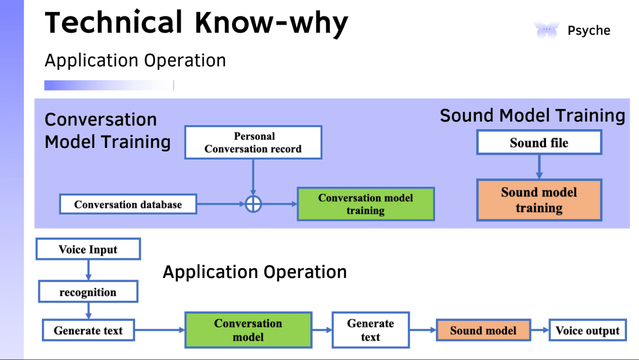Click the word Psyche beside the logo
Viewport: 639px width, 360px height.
[x=589, y=31]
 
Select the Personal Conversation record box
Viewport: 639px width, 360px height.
[x=253, y=143]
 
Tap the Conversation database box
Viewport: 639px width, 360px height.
[x=128, y=205]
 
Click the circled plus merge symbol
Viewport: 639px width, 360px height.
[x=253, y=204]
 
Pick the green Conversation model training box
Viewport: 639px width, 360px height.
[x=365, y=204]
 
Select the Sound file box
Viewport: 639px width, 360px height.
[x=539, y=143]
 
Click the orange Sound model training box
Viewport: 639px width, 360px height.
[x=539, y=200]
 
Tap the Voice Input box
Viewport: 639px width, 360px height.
[x=88, y=249]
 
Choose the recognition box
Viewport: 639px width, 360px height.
[x=88, y=292]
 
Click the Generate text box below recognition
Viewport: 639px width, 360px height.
[x=88, y=330]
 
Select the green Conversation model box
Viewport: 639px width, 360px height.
[x=248, y=330]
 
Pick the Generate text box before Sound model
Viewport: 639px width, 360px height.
[x=370, y=330]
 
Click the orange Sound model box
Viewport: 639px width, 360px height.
[x=483, y=331]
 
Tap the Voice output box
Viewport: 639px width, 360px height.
[x=587, y=331]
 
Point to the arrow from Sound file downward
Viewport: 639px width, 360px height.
[x=539, y=167]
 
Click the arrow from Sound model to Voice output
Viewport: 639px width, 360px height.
[x=540, y=330]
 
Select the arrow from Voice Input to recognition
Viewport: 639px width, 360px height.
[x=88, y=270]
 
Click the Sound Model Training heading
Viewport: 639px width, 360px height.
[x=532, y=115]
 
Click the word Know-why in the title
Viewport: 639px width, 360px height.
[x=271, y=22]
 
